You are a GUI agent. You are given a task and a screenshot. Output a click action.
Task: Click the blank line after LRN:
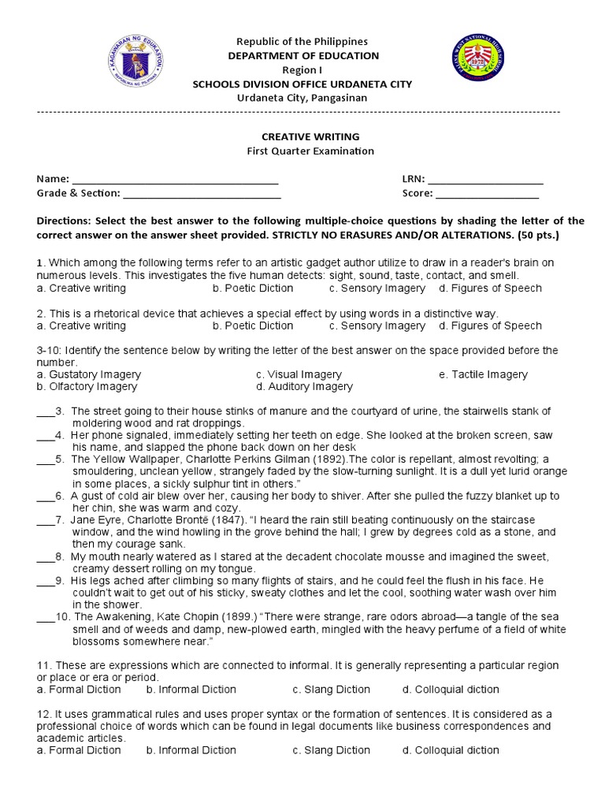click(x=488, y=180)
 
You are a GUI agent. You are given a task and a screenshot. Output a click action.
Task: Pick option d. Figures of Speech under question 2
click(x=490, y=325)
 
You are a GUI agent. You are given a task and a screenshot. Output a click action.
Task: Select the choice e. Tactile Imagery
click(x=483, y=374)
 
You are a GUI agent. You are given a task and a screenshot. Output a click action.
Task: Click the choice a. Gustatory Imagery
click(x=89, y=374)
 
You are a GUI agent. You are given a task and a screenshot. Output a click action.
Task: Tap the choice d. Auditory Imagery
click(x=304, y=387)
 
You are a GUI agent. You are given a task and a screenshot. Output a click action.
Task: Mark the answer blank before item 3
click(x=44, y=412)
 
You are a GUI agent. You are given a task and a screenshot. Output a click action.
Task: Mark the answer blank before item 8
click(x=44, y=557)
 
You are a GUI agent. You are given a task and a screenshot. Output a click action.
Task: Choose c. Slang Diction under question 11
click(x=331, y=690)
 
